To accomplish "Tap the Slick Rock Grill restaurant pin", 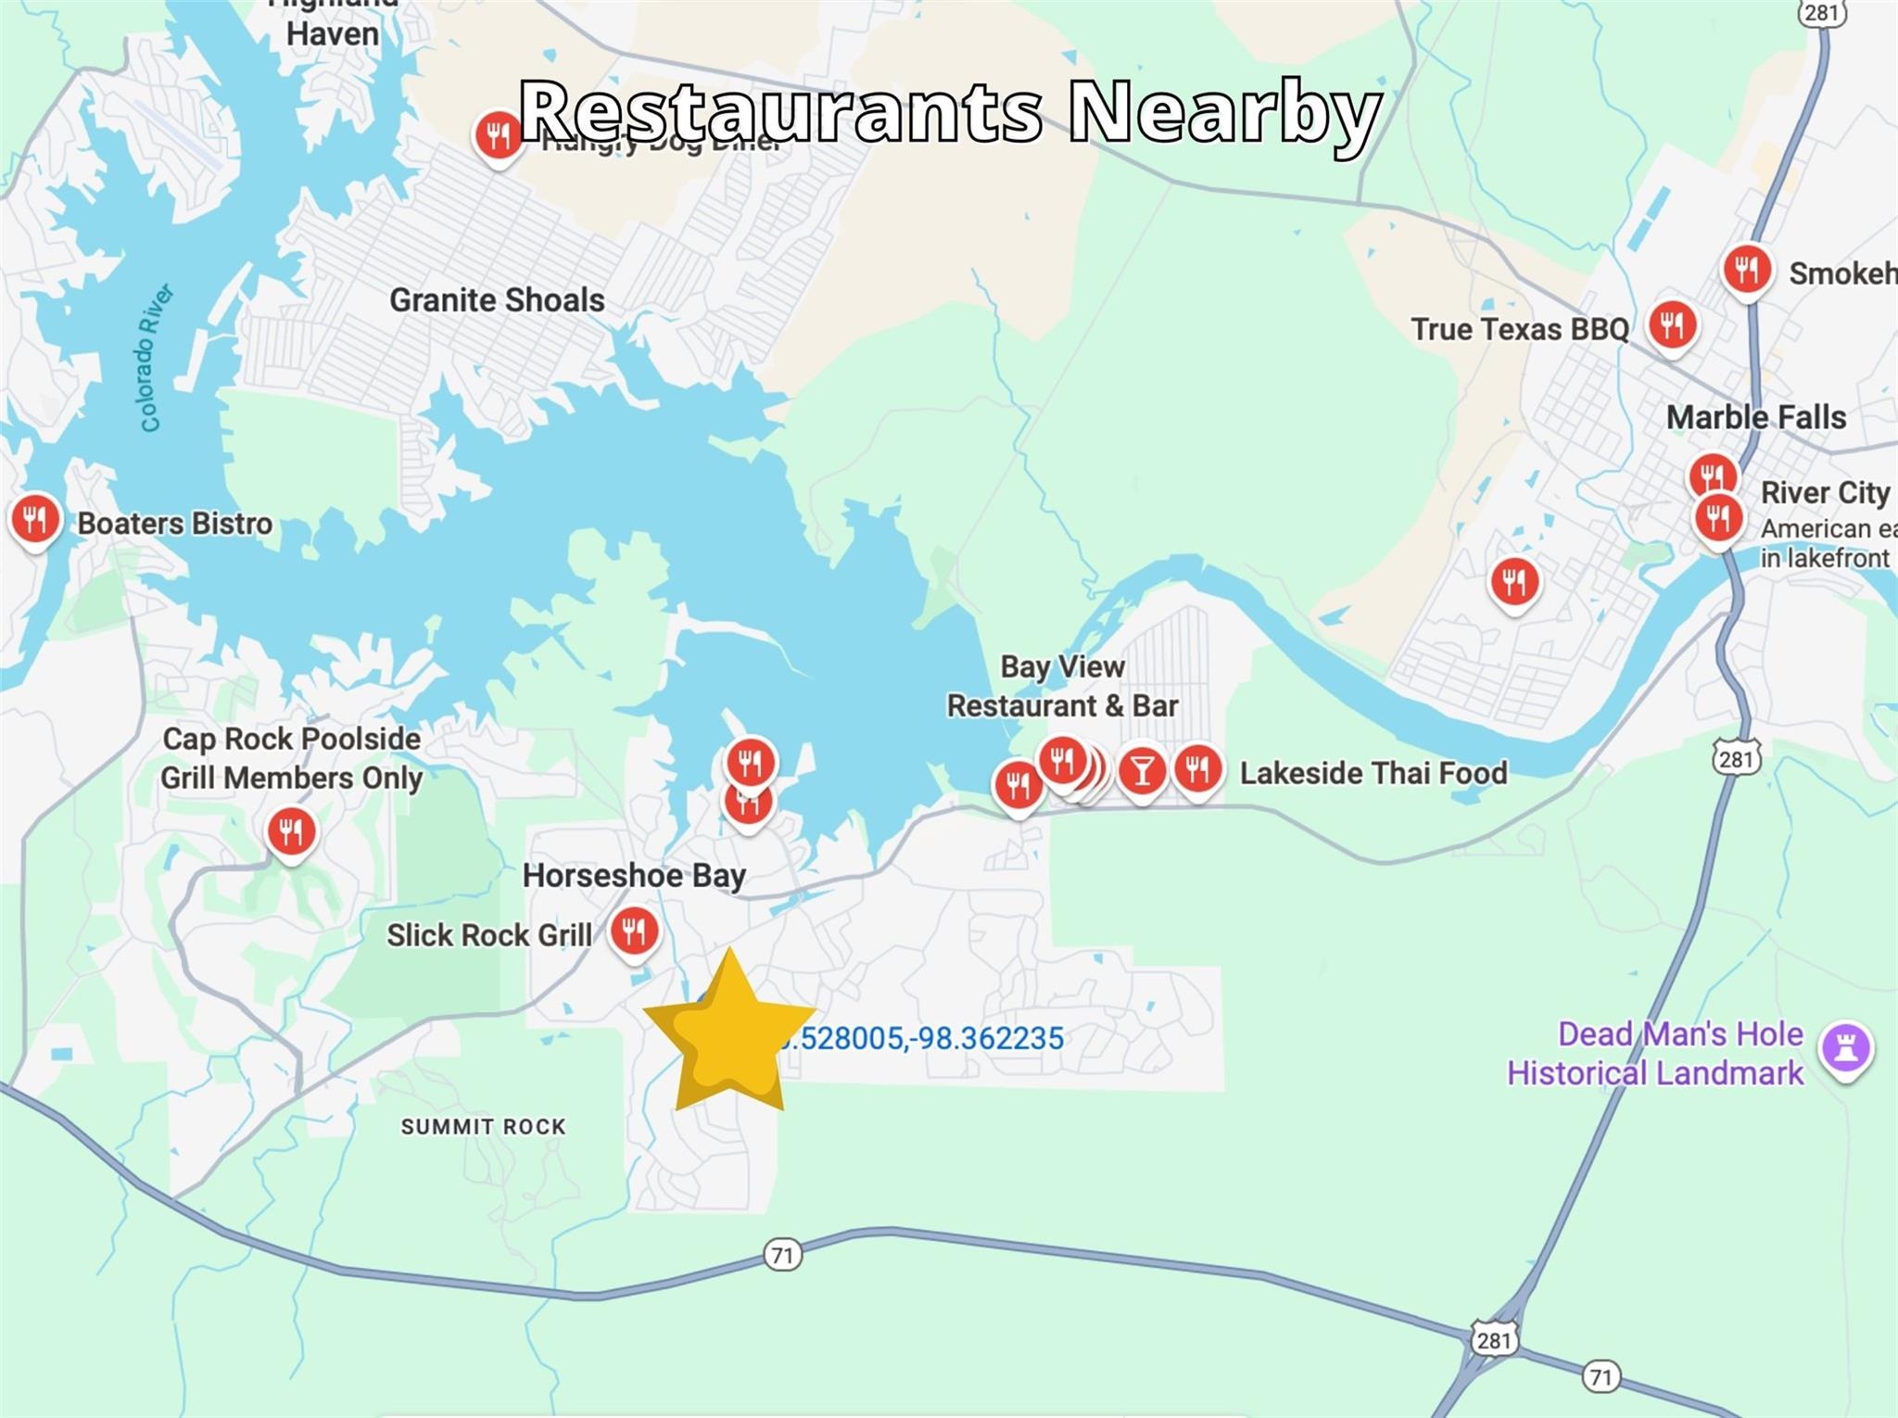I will [634, 930].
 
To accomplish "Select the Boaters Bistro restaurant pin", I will [35, 519].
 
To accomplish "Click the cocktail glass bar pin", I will [1142, 770].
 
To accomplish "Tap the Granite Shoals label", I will [497, 300].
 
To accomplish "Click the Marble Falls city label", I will [1755, 417].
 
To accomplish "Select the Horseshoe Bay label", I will [634, 875].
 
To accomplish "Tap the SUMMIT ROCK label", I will [483, 1127].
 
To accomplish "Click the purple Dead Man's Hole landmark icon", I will [1846, 1048].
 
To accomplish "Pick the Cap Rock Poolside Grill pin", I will [291, 830].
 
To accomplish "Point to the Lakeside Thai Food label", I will [1373, 773].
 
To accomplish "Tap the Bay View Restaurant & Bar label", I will [1062, 686].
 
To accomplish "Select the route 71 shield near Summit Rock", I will [782, 1255].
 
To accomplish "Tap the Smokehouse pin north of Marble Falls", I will [1747, 271].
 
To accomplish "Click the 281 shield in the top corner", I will [1822, 12].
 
